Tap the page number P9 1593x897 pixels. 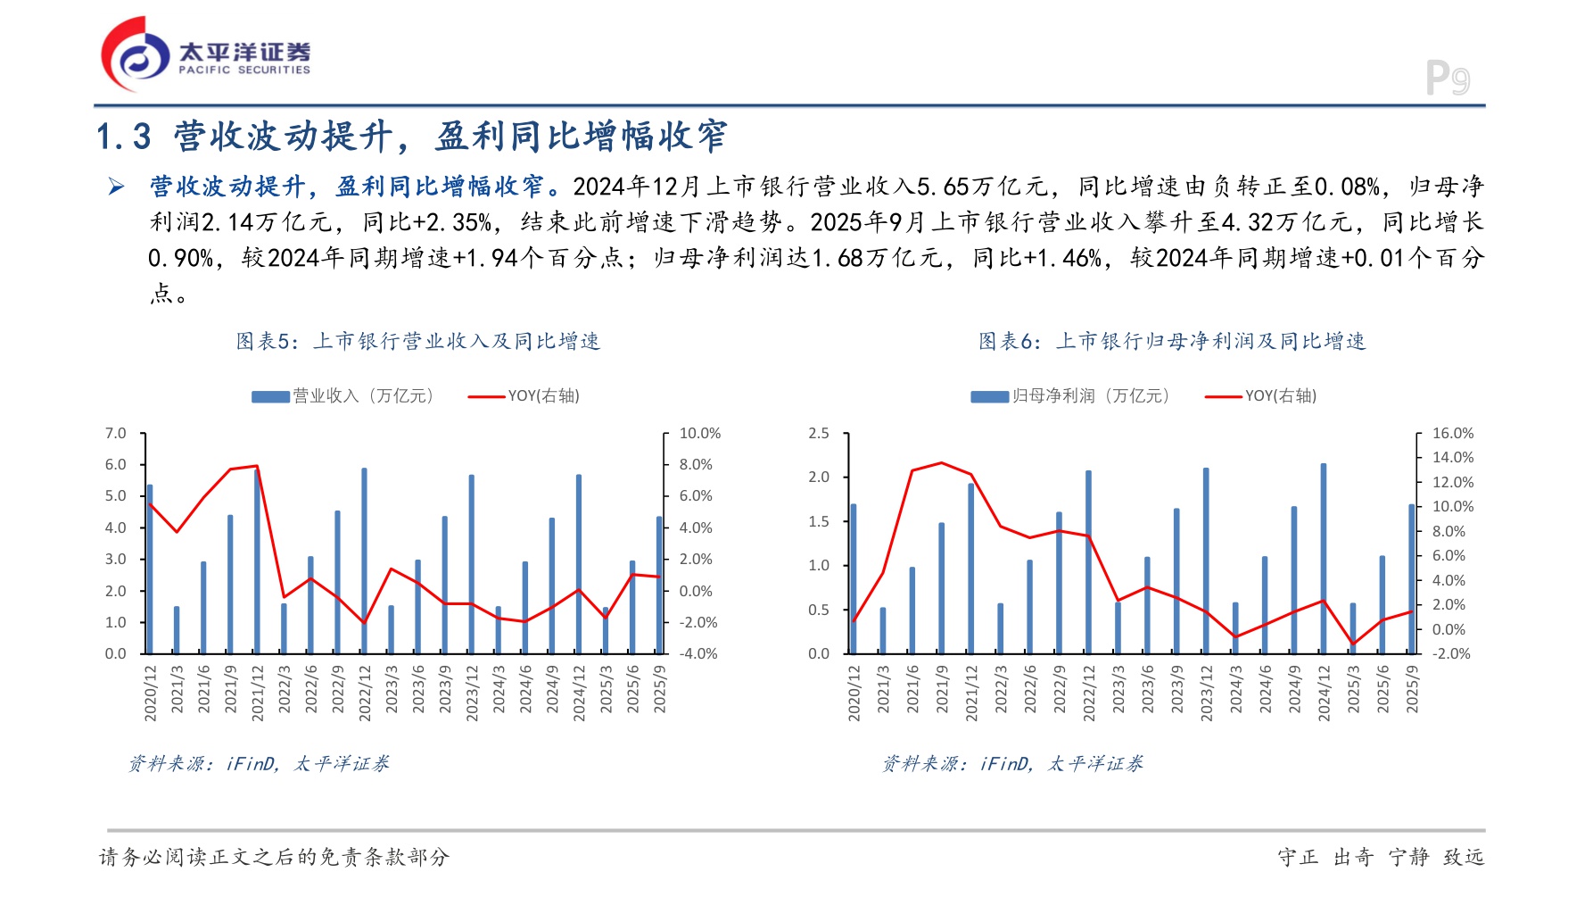[x=1447, y=79]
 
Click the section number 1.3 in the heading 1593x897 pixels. [x=124, y=137]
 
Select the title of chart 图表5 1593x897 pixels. [x=417, y=341]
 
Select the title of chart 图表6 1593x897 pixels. [x=1172, y=341]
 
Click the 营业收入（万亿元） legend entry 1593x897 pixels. [x=343, y=396]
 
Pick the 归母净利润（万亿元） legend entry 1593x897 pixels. [x=1070, y=396]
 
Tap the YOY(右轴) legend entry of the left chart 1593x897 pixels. [x=524, y=396]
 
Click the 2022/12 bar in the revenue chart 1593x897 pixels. [x=364, y=561]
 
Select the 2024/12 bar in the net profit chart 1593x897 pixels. [x=1324, y=559]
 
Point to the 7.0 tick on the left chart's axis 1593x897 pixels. [x=116, y=434]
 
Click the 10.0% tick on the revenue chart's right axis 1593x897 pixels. [x=699, y=434]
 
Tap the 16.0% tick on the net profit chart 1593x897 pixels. [x=1452, y=434]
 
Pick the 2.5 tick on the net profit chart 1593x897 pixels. [x=819, y=434]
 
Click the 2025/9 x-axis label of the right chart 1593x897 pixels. [x=1412, y=689]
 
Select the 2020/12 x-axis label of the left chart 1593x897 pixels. [x=151, y=693]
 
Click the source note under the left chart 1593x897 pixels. [x=259, y=764]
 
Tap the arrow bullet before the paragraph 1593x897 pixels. [x=117, y=187]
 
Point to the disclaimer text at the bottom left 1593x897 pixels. [x=274, y=857]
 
